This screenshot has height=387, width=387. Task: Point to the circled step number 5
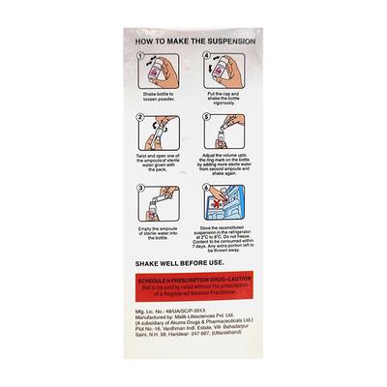click(206, 117)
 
